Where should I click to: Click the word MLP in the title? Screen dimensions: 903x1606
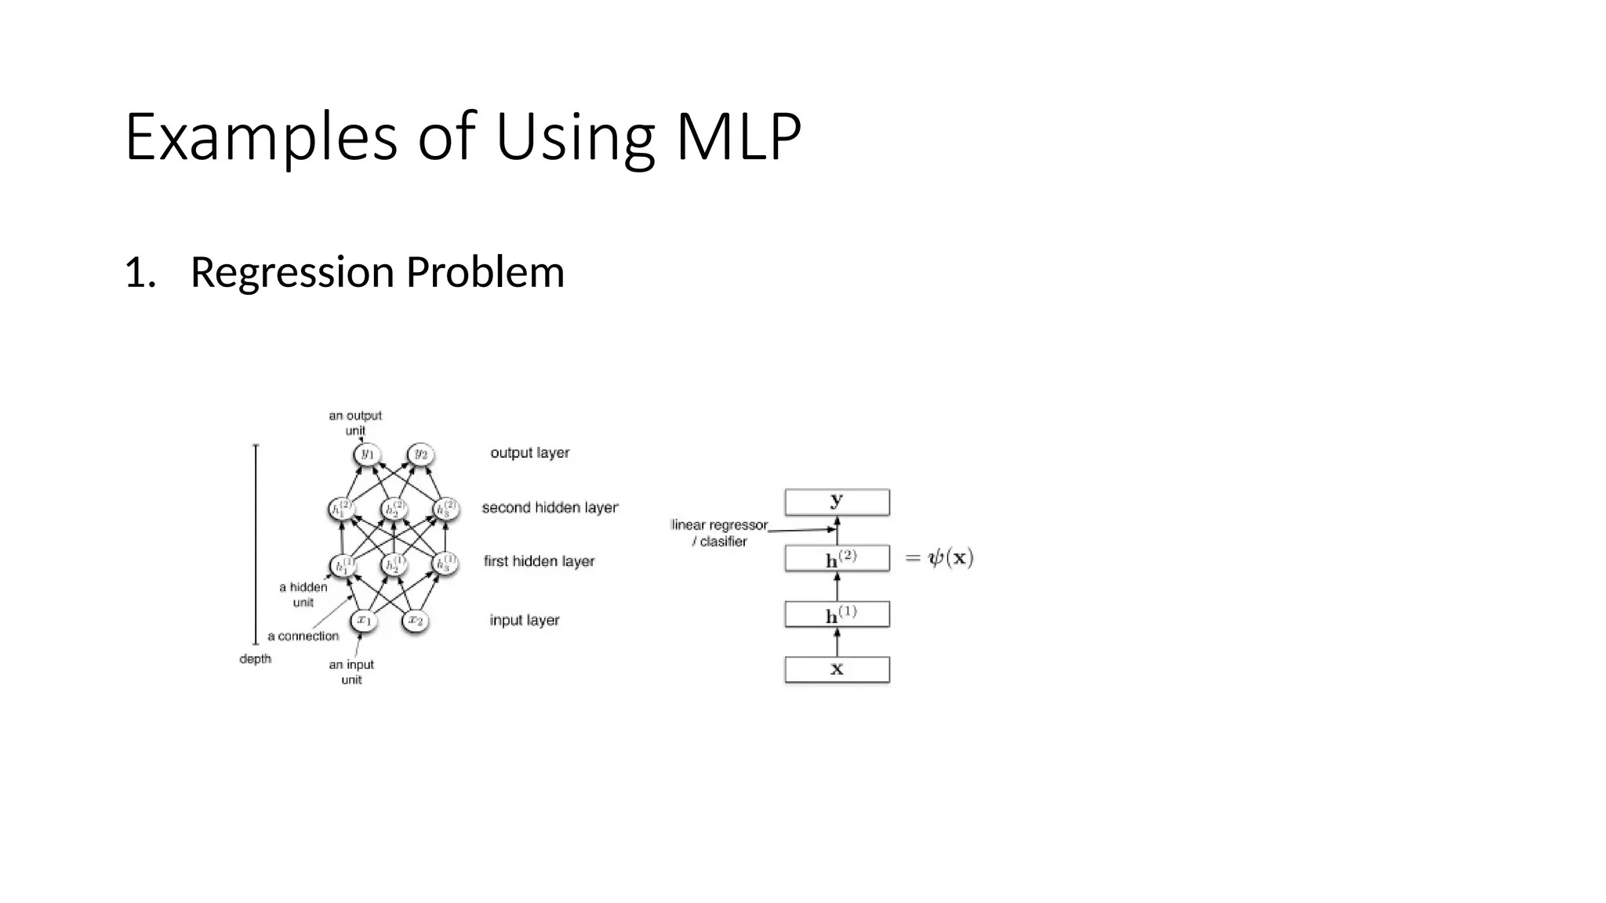[x=738, y=137]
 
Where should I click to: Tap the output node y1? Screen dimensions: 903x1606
[x=366, y=455]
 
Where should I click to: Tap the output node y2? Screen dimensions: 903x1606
[x=421, y=455]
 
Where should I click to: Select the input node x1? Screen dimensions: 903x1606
[x=364, y=621]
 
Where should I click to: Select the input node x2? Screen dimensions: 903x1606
[x=416, y=621]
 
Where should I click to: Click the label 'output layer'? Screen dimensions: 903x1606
[x=529, y=453]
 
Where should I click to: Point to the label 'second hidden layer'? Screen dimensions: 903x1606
[x=550, y=508]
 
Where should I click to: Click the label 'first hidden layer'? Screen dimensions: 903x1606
[x=539, y=561]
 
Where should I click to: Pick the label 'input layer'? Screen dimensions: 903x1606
[x=524, y=620]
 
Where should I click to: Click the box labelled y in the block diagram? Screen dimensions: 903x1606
[x=837, y=502]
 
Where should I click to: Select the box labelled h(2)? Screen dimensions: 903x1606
[x=837, y=558]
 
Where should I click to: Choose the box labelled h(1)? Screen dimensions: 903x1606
[x=837, y=615]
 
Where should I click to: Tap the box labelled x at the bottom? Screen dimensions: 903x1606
[x=837, y=669]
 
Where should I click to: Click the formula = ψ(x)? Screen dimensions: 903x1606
[x=939, y=558]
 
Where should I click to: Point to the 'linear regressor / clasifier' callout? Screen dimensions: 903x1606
[x=719, y=533]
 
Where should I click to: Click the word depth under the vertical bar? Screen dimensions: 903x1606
[x=255, y=659]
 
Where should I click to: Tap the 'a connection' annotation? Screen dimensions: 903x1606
[x=303, y=636]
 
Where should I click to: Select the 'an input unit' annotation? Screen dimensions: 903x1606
[x=351, y=672]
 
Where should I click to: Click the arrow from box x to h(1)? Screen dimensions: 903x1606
[x=837, y=643]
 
